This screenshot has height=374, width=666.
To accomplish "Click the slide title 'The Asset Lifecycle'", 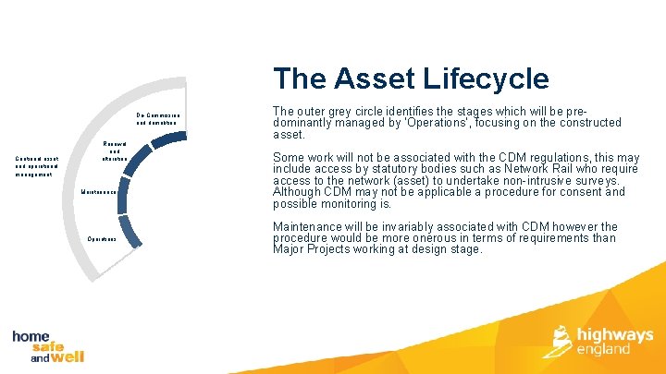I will click(x=410, y=78).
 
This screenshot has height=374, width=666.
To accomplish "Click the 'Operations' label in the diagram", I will click(x=101, y=238).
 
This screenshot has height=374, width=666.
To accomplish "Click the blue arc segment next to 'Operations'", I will click(x=132, y=233).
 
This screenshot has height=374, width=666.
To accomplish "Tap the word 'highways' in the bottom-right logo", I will click(x=615, y=334).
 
